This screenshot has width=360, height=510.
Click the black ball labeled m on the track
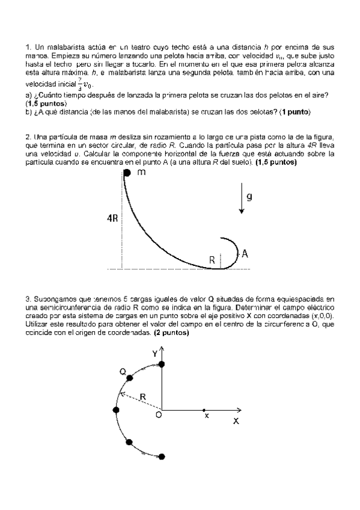tap(127, 174)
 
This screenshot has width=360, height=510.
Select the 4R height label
tap(113, 220)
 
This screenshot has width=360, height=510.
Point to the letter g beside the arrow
tap(250, 196)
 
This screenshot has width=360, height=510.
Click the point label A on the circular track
tap(245, 254)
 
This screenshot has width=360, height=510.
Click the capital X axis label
tap(236, 422)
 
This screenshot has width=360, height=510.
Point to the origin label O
tap(158, 415)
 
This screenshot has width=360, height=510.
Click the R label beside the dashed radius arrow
tap(143, 397)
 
